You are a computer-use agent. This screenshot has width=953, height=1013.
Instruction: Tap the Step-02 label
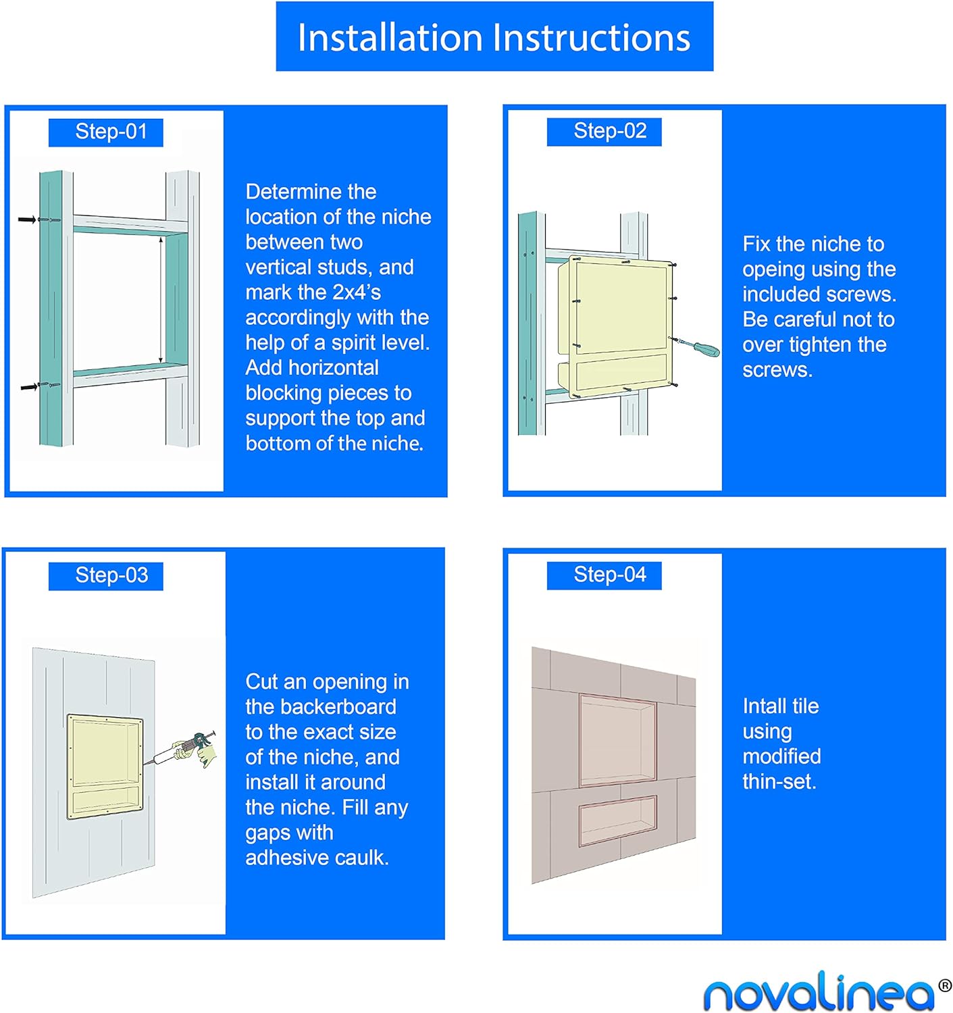click(604, 132)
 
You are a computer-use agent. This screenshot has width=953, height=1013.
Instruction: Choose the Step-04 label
click(604, 575)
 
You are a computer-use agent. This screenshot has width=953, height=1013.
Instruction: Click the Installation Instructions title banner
click(494, 36)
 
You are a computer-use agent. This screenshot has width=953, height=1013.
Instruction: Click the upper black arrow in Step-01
click(27, 219)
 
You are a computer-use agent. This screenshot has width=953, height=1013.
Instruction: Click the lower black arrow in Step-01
click(29, 387)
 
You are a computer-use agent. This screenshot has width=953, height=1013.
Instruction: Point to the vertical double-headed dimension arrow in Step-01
click(161, 300)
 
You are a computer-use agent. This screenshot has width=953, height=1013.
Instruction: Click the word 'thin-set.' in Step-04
click(779, 781)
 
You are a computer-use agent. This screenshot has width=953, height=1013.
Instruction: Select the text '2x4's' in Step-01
click(357, 292)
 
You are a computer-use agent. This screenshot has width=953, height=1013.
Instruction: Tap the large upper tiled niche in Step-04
click(618, 739)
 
